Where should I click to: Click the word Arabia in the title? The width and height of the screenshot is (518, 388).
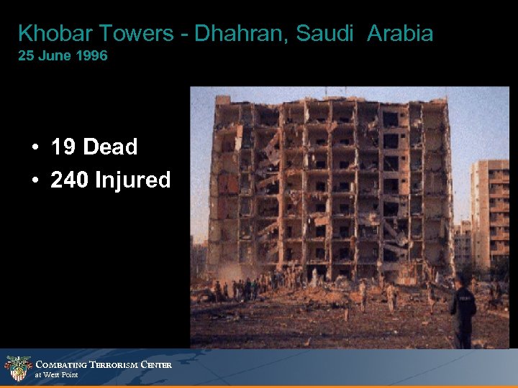tap(400, 33)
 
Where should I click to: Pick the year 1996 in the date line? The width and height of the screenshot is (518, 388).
tap(91, 55)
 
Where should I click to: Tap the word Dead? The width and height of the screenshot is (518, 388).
tap(110, 147)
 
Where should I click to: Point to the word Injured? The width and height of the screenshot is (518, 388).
tap(133, 180)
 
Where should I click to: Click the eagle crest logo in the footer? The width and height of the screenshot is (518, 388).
tap(17, 368)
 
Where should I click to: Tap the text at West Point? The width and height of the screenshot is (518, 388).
tap(56, 375)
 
